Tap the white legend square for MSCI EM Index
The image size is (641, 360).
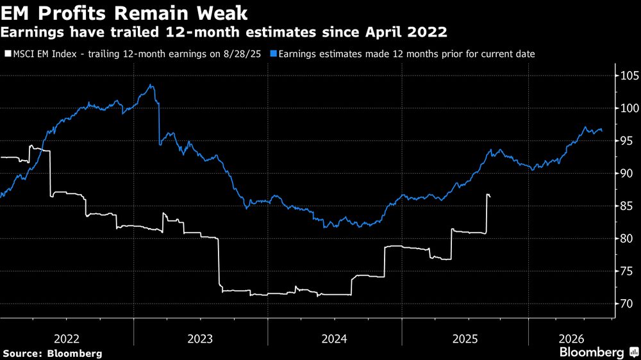6,54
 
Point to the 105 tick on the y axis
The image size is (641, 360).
628,75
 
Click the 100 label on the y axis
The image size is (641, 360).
628,108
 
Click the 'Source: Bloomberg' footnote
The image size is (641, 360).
53,353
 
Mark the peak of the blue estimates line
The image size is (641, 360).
150,85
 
